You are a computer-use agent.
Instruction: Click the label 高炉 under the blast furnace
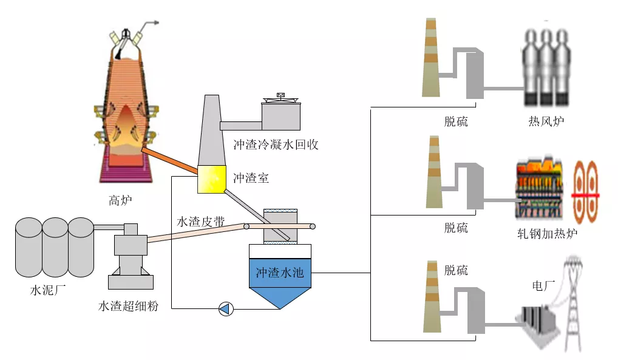[x=120, y=200]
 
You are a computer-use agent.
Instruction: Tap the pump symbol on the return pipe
[x=226, y=309]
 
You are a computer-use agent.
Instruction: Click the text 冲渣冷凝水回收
[x=276, y=144]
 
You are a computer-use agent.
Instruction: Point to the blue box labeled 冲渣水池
[x=280, y=274]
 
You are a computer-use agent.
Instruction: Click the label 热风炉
[x=546, y=121]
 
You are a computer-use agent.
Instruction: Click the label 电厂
[x=543, y=285]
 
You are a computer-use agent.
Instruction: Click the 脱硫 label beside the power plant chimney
[x=456, y=270]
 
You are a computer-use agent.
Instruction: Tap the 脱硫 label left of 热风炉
[x=456, y=121]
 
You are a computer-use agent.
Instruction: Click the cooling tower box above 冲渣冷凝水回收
[x=280, y=115]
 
